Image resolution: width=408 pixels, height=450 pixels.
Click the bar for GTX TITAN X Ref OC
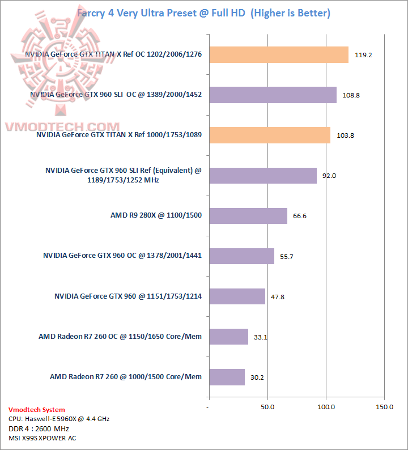pyautogui.click(x=279, y=54)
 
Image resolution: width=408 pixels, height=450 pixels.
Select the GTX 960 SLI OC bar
pyautogui.click(x=273, y=95)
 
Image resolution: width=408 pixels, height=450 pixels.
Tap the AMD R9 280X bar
pyautogui.click(x=248, y=216)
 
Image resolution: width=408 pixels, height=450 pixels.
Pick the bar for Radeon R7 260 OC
pyautogui.click(x=228, y=337)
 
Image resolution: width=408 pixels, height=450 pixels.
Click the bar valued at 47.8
pyautogui.click(x=237, y=296)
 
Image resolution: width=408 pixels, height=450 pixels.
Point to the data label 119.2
pyautogui.click(x=363, y=56)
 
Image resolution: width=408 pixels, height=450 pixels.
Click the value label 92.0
pyautogui.click(x=329, y=176)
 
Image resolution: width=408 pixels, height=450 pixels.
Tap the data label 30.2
pyautogui.click(x=258, y=377)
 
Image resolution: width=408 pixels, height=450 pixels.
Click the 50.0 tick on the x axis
pyautogui.click(x=267, y=407)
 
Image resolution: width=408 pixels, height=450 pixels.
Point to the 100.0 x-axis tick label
pyautogui.click(x=326, y=407)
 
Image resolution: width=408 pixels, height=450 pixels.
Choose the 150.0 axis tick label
pyautogui.click(x=384, y=407)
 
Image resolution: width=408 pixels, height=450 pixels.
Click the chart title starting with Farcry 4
pyautogui.click(x=203, y=12)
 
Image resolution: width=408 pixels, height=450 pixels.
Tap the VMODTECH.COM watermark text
pyautogui.click(x=62, y=127)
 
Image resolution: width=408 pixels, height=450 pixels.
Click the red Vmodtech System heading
pyautogui.click(x=37, y=410)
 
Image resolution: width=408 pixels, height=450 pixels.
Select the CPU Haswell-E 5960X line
pyautogui.click(x=59, y=419)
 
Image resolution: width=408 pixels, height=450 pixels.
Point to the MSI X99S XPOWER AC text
pyautogui.click(x=42, y=438)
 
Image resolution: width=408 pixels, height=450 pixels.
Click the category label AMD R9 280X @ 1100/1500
pyautogui.click(x=156, y=216)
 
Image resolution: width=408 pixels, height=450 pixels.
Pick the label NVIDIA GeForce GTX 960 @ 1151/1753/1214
pyautogui.click(x=128, y=296)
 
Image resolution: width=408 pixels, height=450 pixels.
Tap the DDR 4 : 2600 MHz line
pyautogui.click(x=39, y=428)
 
